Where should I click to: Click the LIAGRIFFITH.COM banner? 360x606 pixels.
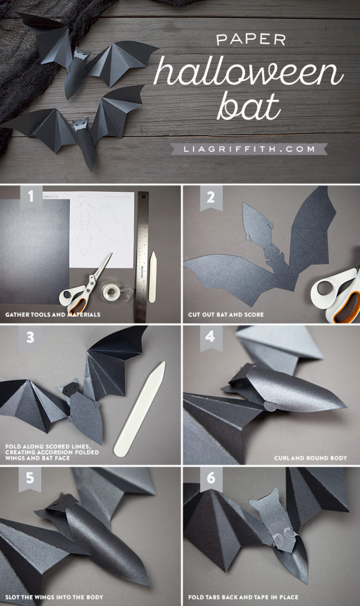click(x=248, y=149)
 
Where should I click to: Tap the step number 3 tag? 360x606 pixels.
click(x=30, y=338)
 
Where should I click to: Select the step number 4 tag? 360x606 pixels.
click(x=211, y=338)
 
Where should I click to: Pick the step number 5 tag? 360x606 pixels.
click(x=30, y=478)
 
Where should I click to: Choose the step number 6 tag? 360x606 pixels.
click(x=211, y=478)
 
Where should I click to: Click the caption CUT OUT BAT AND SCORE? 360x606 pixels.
click(x=226, y=315)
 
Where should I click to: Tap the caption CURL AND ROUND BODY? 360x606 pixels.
click(x=310, y=458)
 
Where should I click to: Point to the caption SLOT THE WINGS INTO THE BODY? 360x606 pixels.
click(x=54, y=596)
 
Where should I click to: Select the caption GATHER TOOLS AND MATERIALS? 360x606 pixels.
click(x=53, y=315)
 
